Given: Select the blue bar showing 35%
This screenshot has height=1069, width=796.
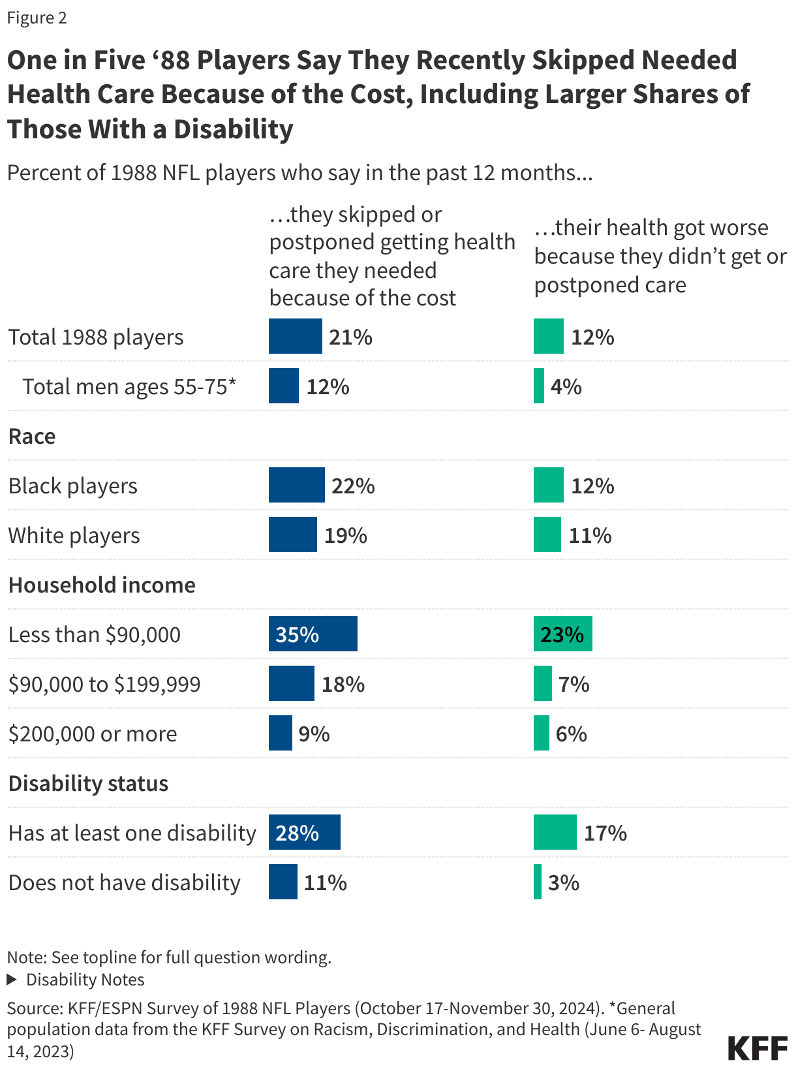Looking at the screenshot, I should click(x=313, y=634).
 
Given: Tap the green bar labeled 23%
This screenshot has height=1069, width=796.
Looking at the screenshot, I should click(x=562, y=634).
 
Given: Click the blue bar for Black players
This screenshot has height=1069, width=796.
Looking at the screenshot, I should click(x=296, y=485).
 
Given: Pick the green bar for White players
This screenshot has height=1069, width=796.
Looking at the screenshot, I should click(x=547, y=534).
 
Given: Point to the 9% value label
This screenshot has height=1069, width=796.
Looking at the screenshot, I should click(x=314, y=734).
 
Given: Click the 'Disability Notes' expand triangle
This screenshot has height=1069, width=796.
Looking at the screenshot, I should click(x=11, y=980).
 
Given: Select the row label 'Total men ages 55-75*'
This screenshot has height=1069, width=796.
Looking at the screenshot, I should click(x=129, y=386).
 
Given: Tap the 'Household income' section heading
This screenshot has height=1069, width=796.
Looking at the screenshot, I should click(x=102, y=585).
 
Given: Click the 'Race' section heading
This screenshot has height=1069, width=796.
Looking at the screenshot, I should click(x=32, y=436).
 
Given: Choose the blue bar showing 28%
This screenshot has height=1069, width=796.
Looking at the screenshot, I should click(x=304, y=832).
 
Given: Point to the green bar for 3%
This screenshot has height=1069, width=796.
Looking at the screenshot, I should click(x=538, y=882).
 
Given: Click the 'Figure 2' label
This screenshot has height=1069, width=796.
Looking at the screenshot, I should click(x=37, y=18).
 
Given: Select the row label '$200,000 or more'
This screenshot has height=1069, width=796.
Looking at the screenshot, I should click(x=93, y=734).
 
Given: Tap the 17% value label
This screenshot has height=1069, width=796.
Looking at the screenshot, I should click(x=605, y=833).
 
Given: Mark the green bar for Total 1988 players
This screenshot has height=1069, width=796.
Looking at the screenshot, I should click(x=548, y=336).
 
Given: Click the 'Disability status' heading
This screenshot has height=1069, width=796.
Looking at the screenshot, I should click(x=88, y=783).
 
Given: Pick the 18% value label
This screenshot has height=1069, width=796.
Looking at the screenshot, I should click(x=343, y=684).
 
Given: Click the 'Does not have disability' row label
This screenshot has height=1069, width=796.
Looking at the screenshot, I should click(x=124, y=882).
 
